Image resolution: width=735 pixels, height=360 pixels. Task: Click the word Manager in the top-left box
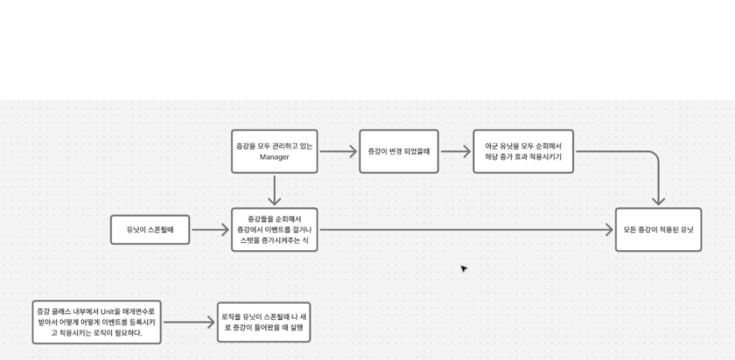[274, 157]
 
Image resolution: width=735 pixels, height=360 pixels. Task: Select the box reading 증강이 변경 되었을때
[398, 151]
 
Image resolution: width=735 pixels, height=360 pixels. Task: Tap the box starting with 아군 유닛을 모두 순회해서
[523, 151]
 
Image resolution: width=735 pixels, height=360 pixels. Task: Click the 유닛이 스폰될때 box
[150, 229]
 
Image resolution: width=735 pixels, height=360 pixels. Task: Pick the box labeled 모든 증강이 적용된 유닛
[657, 229]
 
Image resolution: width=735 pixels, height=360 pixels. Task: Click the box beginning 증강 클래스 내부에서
[97, 321]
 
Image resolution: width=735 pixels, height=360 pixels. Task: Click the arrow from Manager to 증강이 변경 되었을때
[338, 151]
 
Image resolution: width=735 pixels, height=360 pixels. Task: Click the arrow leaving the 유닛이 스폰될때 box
[211, 229]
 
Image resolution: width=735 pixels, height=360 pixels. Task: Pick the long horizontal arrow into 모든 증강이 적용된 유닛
[462, 229]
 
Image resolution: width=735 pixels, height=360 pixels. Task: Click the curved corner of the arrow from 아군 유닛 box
[654, 158]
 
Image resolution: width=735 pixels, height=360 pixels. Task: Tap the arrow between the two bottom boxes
[188, 322]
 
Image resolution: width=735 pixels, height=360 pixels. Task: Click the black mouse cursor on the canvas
[463, 268]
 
